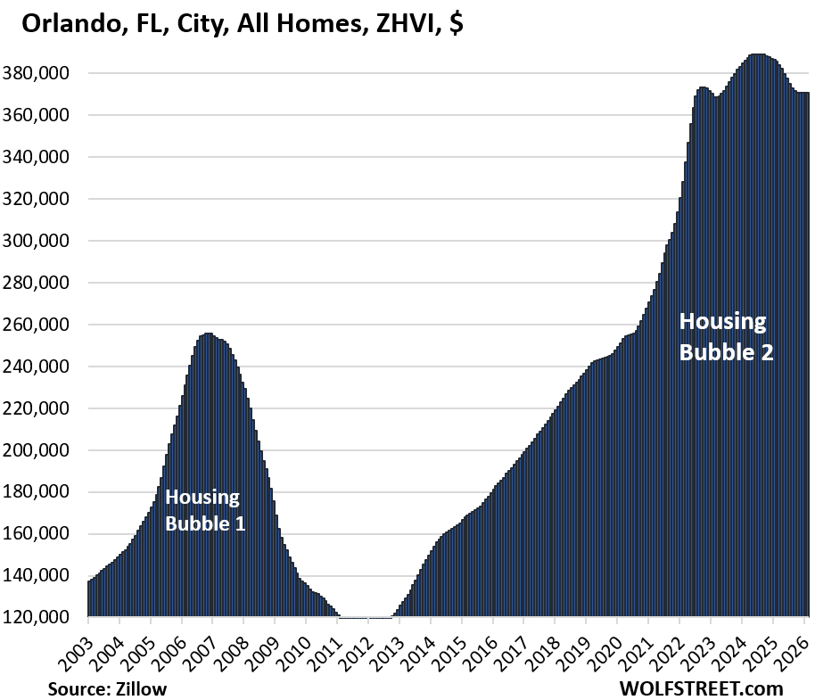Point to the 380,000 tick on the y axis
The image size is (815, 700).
click(47, 73)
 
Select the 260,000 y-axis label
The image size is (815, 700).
click(47, 325)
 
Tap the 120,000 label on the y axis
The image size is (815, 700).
click(47, 617)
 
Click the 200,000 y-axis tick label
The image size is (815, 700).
click(47, 450)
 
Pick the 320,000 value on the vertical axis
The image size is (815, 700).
click(47, 199)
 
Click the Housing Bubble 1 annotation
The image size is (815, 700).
click(205, 510)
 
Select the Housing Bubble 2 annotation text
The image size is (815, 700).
click(725, 336)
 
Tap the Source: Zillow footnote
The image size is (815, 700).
click(107, 688)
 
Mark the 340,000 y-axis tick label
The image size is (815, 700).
click(47, 157)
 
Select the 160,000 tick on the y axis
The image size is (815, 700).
click(47, 534)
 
